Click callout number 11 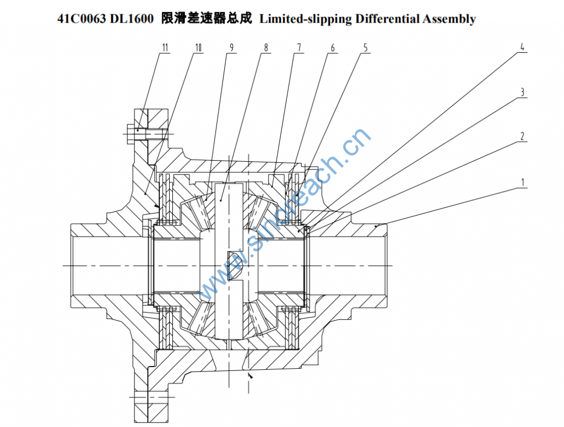164,47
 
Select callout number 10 198,47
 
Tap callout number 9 232,47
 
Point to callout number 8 266,47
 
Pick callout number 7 299,47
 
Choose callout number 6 332,47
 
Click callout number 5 365,47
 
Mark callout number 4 522,47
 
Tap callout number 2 522,136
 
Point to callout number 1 522,181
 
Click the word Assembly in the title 449,19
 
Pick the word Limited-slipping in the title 306,19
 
